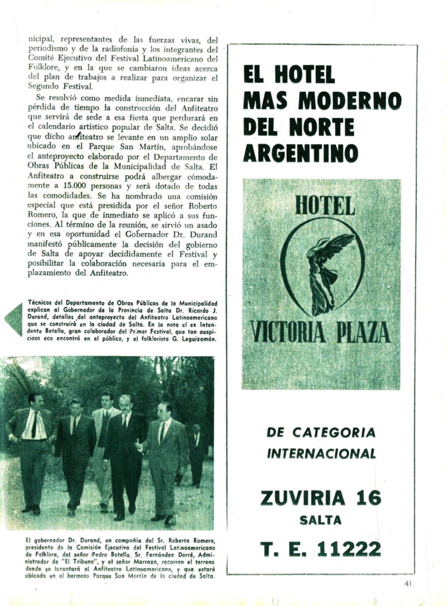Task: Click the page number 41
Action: coord(408,583)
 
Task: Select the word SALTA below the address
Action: coord(321,520)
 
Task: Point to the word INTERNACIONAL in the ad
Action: coord(321,453)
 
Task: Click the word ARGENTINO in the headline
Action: coord(300,153)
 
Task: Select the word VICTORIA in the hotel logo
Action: coord(288,332)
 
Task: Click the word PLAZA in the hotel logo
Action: coord(363,332)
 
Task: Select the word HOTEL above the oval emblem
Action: coord(324,205)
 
